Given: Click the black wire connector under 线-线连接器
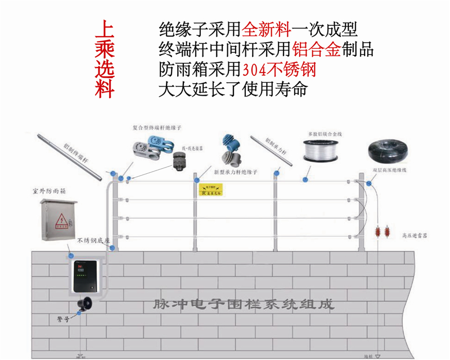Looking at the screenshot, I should (179, 161).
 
